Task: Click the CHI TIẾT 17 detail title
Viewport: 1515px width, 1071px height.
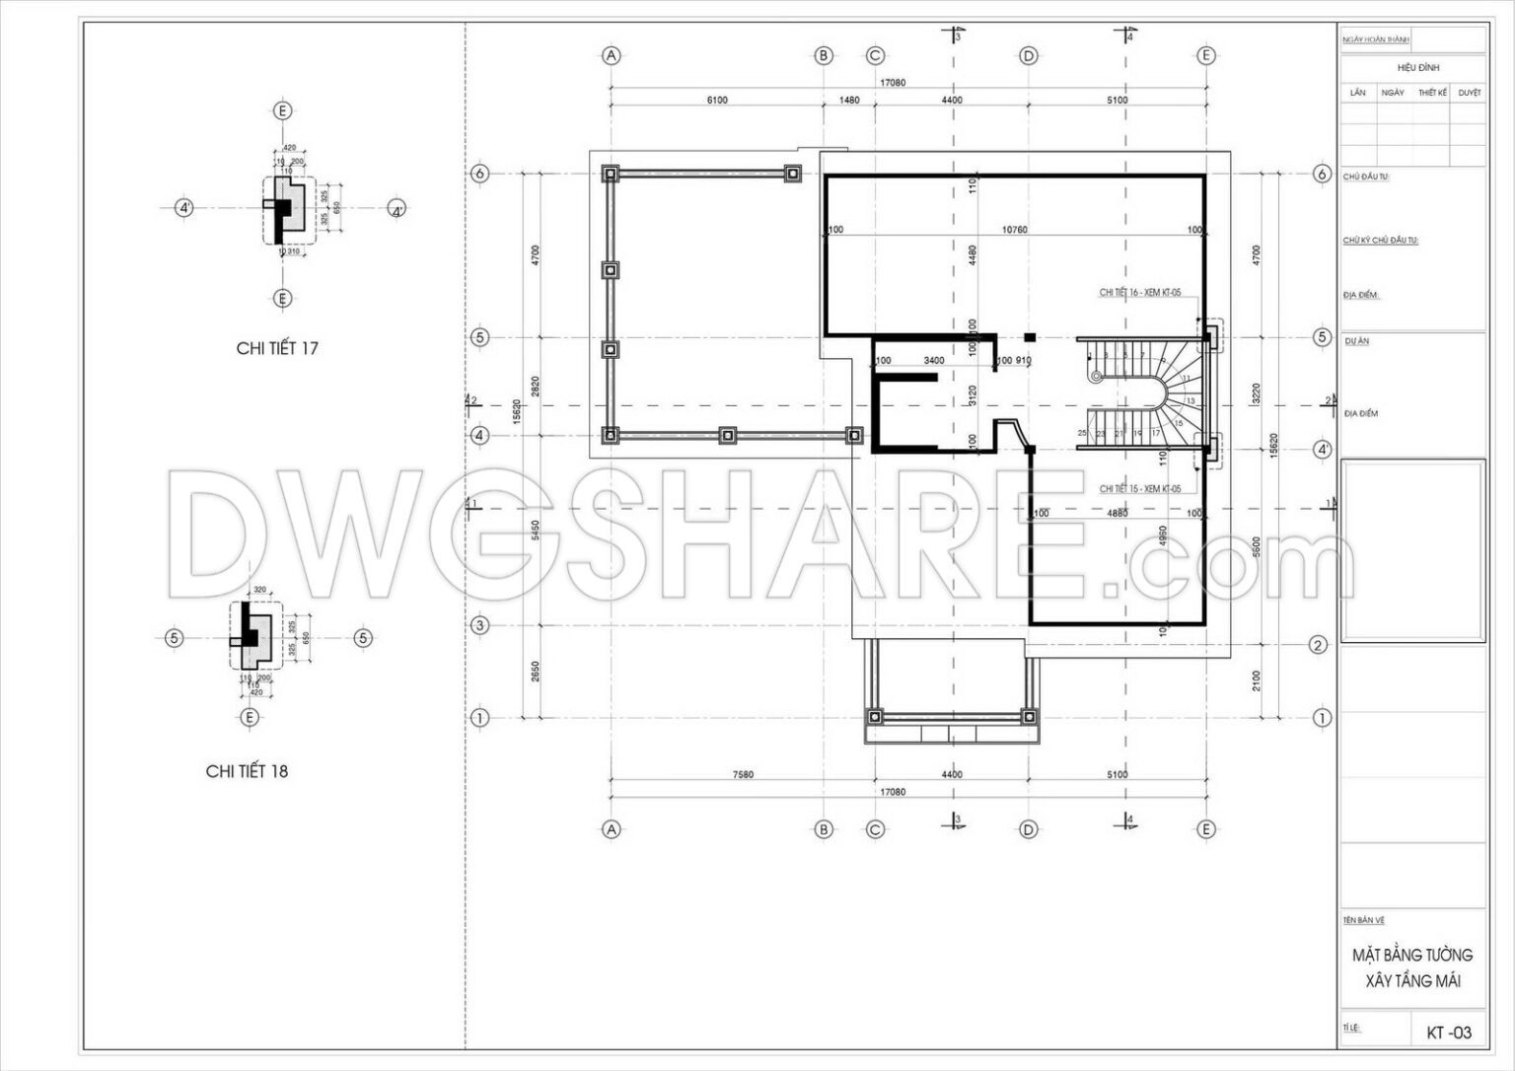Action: coord(277,348)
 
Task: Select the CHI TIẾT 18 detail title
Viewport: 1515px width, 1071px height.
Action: coord(247,771)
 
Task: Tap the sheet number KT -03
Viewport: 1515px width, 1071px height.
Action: coord(1449,1033)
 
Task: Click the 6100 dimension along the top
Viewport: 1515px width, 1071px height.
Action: coord(717,101)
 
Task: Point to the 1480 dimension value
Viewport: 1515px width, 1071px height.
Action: coord(849,101)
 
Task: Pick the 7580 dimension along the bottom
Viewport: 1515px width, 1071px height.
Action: coord(743,775)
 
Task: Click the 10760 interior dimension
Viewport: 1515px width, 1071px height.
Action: coord(1014,231)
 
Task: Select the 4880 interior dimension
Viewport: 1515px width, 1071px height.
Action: coord(1117,514)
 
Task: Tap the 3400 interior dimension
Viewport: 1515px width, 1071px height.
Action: coord(934,361)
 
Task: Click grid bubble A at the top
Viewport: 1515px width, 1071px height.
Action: coord(612,56)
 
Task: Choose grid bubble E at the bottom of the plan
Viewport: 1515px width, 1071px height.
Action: coord(1205,830)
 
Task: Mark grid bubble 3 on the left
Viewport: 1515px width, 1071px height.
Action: coord(480,625)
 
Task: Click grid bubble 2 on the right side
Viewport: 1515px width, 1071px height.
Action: coord(1319,646)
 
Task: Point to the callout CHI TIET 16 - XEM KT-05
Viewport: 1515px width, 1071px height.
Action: coord(1139,293)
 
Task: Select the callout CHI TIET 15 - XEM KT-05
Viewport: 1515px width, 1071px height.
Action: coord(1139,489)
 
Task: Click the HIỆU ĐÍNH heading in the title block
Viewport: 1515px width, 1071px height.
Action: coord(1417,68)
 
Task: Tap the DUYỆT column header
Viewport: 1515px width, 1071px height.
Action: coord(1469,93)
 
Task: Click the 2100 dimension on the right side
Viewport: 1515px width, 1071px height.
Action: coord(1257,681)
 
